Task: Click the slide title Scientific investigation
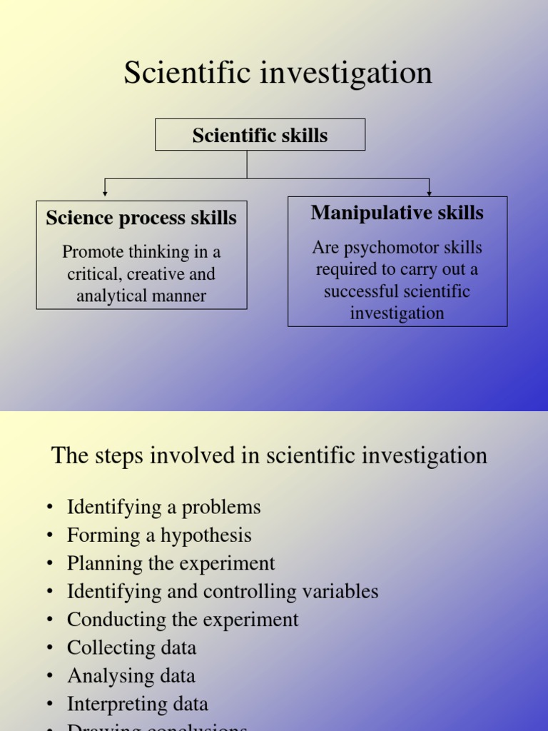(x=278, y=73)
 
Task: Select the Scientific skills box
(x=260, y=135)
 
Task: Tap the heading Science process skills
(x=141, y=218)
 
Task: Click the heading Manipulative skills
(x=397, y=213)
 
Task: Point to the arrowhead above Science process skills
(x=106, y=192)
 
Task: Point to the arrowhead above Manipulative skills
(x=429, y=192)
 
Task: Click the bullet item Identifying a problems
(x=163, y=508)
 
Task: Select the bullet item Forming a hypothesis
(x=159, y=535)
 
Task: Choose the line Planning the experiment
(x=171, y=563)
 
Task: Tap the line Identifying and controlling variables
(x=223, y=591)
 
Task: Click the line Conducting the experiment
(x=183, y=620)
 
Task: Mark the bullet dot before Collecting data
(x=50, y=648)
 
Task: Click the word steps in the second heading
(x=122, y=455)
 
